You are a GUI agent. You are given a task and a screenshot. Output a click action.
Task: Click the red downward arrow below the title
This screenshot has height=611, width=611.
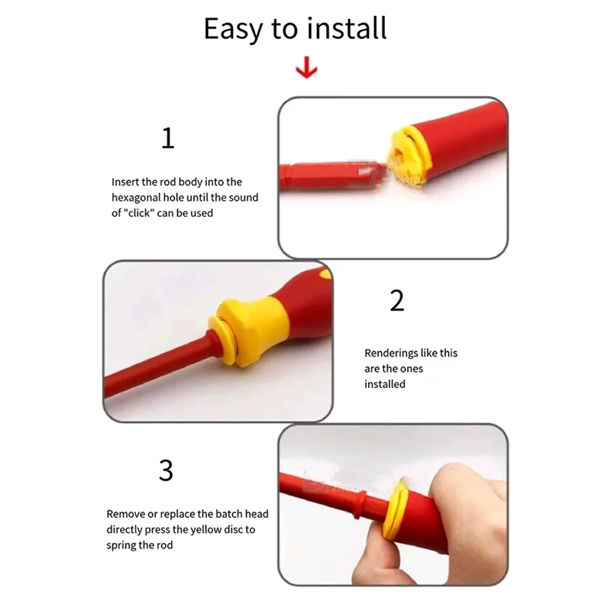point(306,70)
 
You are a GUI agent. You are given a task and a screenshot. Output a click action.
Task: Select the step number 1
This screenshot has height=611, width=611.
point(168,138)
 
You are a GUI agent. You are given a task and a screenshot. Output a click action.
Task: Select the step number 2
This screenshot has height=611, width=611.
point(396,301)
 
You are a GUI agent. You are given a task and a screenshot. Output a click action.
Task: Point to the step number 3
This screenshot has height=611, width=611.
point(166,470)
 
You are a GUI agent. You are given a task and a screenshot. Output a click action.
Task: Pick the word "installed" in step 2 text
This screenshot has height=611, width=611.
point(385,384)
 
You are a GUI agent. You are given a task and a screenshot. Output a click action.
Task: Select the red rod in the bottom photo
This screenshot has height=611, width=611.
point(328,496)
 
